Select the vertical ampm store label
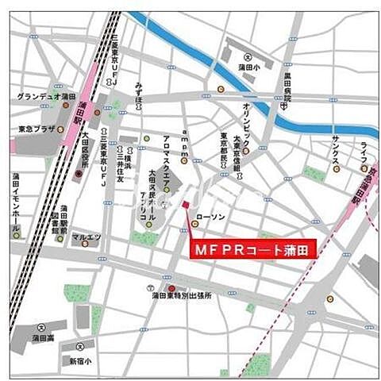click(x=184, y=141)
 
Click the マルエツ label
click(x=85, y=236)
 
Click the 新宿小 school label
click(x=79, y=360)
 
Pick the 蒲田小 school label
click(x=250, y=67)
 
